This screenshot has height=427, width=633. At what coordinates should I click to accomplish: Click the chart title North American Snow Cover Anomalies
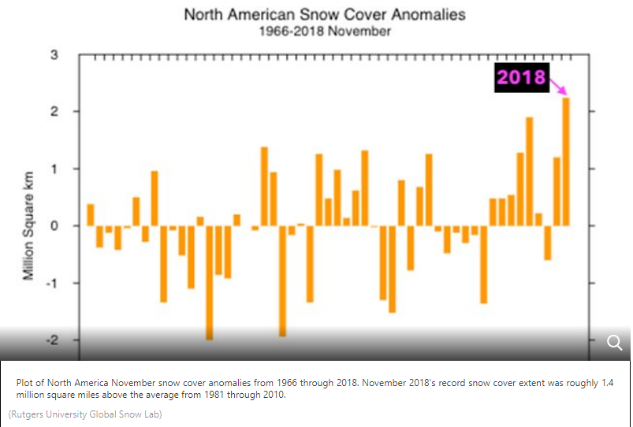point(324,14)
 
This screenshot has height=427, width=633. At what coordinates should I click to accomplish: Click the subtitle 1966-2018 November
point(324,32)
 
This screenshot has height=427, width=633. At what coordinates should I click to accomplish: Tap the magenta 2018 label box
point(521,77)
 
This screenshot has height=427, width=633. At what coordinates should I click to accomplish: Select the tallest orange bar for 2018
point(566,162)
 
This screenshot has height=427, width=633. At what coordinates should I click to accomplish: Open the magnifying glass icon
point(615,342)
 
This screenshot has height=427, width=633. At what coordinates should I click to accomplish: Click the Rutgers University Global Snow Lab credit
point(85,414)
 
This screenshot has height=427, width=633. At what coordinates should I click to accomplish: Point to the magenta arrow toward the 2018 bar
point(559,86)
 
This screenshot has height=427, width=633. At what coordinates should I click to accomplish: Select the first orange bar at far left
point(91,215)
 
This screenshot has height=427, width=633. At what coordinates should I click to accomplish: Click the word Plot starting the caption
point(26,383)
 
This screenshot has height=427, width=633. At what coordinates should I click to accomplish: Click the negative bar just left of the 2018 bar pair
point(548,243)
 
